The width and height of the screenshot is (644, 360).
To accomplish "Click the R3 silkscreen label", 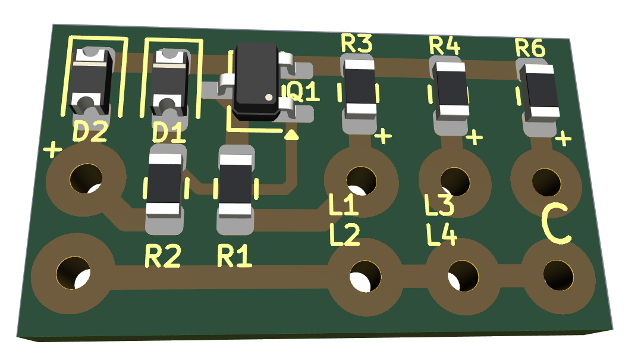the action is pyautogui.click(x=357, y=43).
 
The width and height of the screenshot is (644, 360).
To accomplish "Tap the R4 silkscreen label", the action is pyautogui.click(x=444, y=45).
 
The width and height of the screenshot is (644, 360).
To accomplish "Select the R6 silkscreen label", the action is pyautogui.click(x=530, y=48).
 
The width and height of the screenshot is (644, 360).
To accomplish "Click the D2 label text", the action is pyautogui.click(x=90, y=132).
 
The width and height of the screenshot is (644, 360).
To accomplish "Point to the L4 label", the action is pyautogui.click(x=441, y=234).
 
